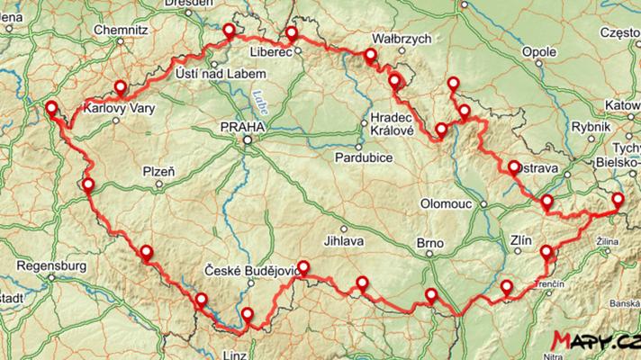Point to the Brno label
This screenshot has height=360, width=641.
coord(430,242)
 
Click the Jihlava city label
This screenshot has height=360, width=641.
coord(343,241)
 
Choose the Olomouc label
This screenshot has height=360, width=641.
coord(447,204)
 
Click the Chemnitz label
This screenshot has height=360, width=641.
coord(120,29)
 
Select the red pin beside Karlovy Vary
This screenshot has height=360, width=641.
coord(120,87)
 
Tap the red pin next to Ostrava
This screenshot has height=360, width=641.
coord(514,167)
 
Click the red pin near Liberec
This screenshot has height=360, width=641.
coord(292,34)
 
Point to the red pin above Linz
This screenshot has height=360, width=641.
coord(248,314)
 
